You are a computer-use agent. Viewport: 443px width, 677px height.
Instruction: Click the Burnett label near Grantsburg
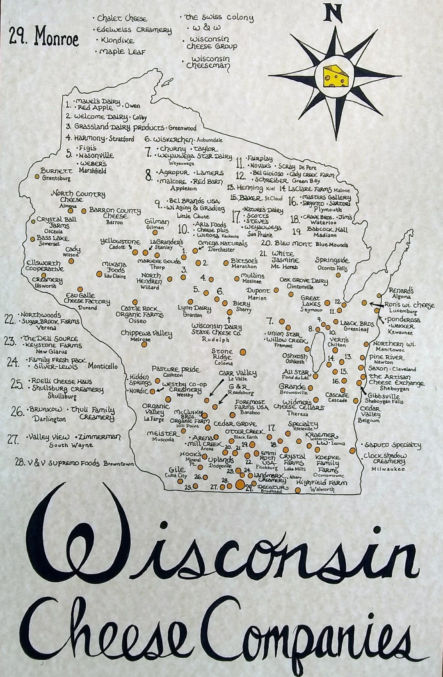pos(57,171)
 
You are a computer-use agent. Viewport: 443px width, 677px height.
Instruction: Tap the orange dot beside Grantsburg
pos(37,177)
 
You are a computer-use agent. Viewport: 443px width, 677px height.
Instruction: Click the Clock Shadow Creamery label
pos(385,458)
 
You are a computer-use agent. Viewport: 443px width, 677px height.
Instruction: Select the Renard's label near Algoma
pos(401,290)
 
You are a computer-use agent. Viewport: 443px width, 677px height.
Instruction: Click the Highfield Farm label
pos(321,483)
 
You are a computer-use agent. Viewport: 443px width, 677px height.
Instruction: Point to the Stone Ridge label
pos(222,354)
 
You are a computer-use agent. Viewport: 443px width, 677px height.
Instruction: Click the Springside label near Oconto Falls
pos(332,260)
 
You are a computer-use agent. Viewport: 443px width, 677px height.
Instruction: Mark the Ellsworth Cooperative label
pos(45,266)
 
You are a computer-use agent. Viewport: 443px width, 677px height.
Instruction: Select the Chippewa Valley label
pos(146,333)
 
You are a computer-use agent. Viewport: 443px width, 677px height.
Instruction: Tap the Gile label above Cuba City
pos(174,470)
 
